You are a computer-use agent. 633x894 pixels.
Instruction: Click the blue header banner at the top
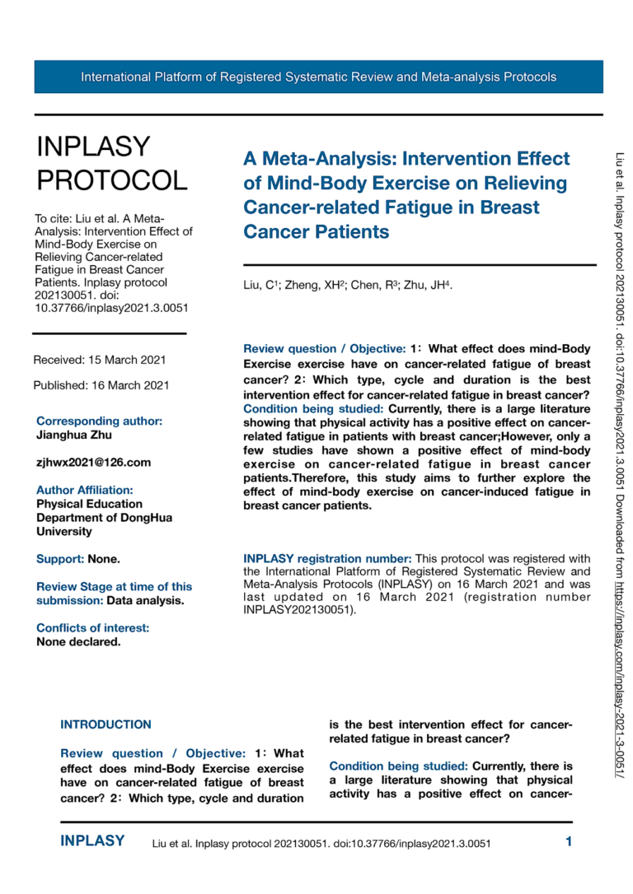[x=318, y=77]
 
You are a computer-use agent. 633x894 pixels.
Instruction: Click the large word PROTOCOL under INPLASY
[x=112, y=180]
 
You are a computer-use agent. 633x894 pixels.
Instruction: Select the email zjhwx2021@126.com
[x=93, y=463]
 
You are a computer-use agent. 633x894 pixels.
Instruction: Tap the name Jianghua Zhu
[x=74, y=435]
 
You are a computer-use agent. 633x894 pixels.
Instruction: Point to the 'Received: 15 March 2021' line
[x=100, y=360]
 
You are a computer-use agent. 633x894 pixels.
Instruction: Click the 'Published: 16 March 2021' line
[x=101, y=385]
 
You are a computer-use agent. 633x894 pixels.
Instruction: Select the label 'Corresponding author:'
[x=99, y=421]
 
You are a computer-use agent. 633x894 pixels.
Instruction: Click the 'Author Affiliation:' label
[x=84, y=490]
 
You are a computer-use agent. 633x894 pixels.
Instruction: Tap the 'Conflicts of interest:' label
[x=92, y=628]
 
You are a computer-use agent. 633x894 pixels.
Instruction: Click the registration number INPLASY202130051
[x=298, y=611]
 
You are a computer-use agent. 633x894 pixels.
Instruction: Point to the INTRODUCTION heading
[x=105, y=725]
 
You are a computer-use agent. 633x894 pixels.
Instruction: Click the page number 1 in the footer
[x=569, y=841]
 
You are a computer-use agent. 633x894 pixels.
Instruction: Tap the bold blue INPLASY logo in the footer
[x=93, y=841]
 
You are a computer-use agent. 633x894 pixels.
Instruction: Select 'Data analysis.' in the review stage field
[x=145, y=600]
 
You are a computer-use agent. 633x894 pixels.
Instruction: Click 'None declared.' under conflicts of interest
[x=78, y=642]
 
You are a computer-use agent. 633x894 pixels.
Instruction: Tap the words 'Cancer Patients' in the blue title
[x=316, y=232]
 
